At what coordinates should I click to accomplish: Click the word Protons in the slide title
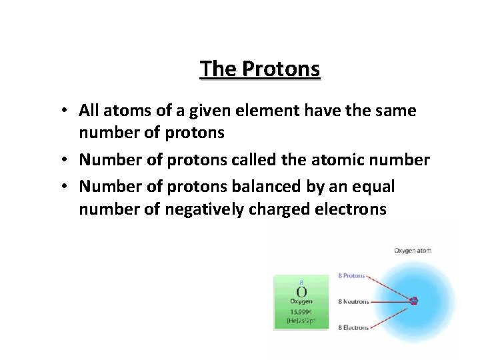point(281,69)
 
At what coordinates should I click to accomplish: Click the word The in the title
point(218,69)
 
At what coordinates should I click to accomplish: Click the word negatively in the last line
point(203,209)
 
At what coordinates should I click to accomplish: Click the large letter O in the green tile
point(301,292)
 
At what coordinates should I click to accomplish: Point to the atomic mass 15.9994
point(301,312)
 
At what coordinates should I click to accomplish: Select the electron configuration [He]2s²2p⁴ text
point(301,321)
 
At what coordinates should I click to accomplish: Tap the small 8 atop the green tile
point(301,283)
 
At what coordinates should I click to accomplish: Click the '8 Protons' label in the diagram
point(351,275)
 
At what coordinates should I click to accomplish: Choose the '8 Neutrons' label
point(353,301)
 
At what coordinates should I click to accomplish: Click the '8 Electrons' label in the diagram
point(353,327)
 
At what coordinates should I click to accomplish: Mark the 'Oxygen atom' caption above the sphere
point(413,251)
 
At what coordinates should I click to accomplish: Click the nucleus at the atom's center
point(414,301)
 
